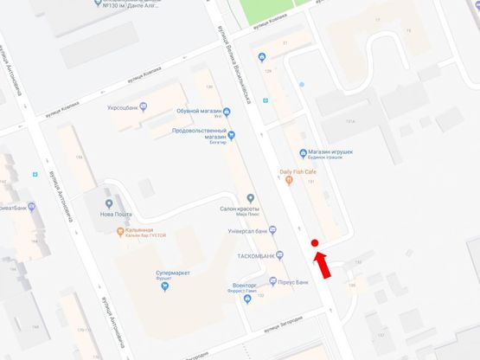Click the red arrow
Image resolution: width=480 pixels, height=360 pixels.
[322, 265]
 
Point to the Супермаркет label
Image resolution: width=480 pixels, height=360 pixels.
[161, 273]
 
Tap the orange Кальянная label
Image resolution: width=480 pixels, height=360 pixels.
[138, 230]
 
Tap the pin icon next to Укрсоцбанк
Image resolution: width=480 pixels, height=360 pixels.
[144, 107]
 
